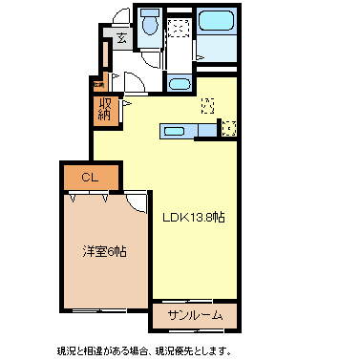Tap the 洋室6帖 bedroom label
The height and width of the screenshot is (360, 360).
click(x=104, y=251)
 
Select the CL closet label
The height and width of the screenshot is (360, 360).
click(x=90, y=177)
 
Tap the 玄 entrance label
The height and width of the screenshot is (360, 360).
click(x=122, y=39)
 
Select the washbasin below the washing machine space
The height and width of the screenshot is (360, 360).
click(x=179, y=84)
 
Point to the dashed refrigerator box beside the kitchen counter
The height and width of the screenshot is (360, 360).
click(x=228, y=127)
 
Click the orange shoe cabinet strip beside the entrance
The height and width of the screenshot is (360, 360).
click(x=98, y=84)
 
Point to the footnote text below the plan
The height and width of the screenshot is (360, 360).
click(x=143, y=349)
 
